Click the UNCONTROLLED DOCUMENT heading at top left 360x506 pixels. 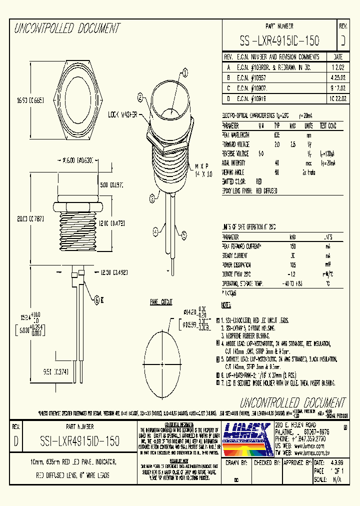click(67, 28)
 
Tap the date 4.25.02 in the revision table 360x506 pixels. click(337, 78)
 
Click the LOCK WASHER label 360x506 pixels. click(123, 114)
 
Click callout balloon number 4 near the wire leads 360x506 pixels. click(155, 231)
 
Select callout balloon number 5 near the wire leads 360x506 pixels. click(184, 233)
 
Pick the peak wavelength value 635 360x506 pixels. click(276, 134)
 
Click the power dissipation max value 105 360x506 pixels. click(293, 265)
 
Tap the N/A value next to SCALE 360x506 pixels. click(334, 479)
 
